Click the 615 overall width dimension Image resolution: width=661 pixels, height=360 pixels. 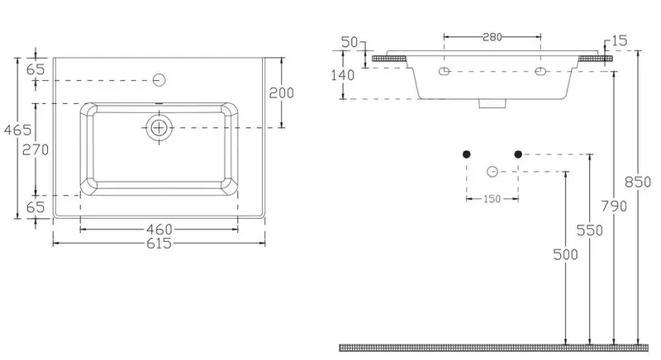[159, 244]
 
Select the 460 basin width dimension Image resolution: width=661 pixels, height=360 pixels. [159, 230]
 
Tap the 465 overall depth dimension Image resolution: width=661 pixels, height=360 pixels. [17, 130]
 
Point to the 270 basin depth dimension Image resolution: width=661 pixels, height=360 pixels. [36, 149]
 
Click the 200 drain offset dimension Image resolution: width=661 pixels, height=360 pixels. [282, 92]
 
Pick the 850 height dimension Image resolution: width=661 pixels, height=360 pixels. [638, 182]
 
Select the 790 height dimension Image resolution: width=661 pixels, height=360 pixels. [614, 206]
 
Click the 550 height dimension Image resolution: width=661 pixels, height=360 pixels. [590, 230]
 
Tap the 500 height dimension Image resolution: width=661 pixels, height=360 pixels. [566, 254]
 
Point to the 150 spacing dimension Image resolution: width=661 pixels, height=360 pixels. [492, 199]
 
